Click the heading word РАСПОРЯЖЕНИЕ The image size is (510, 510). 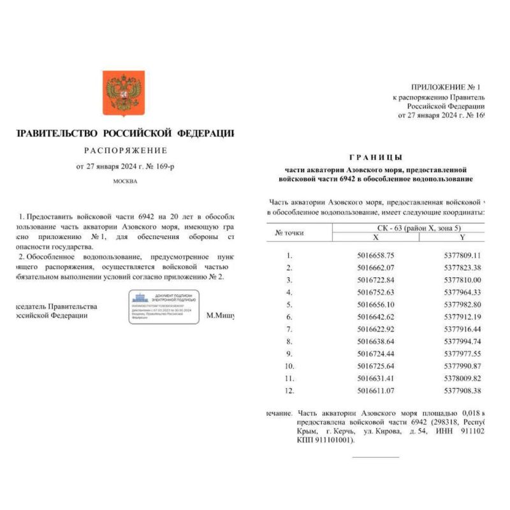point(126,150)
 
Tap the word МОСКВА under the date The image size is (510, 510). point(125,181)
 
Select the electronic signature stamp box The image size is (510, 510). point(164,307)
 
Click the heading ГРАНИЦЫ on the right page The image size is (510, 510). point(376,157)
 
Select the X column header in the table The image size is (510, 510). point(375,237)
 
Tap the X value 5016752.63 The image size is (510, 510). point(375,292)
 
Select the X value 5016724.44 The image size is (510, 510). point(375,354)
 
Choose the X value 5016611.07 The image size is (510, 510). point(375,391)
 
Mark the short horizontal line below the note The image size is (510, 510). point(375,456)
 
